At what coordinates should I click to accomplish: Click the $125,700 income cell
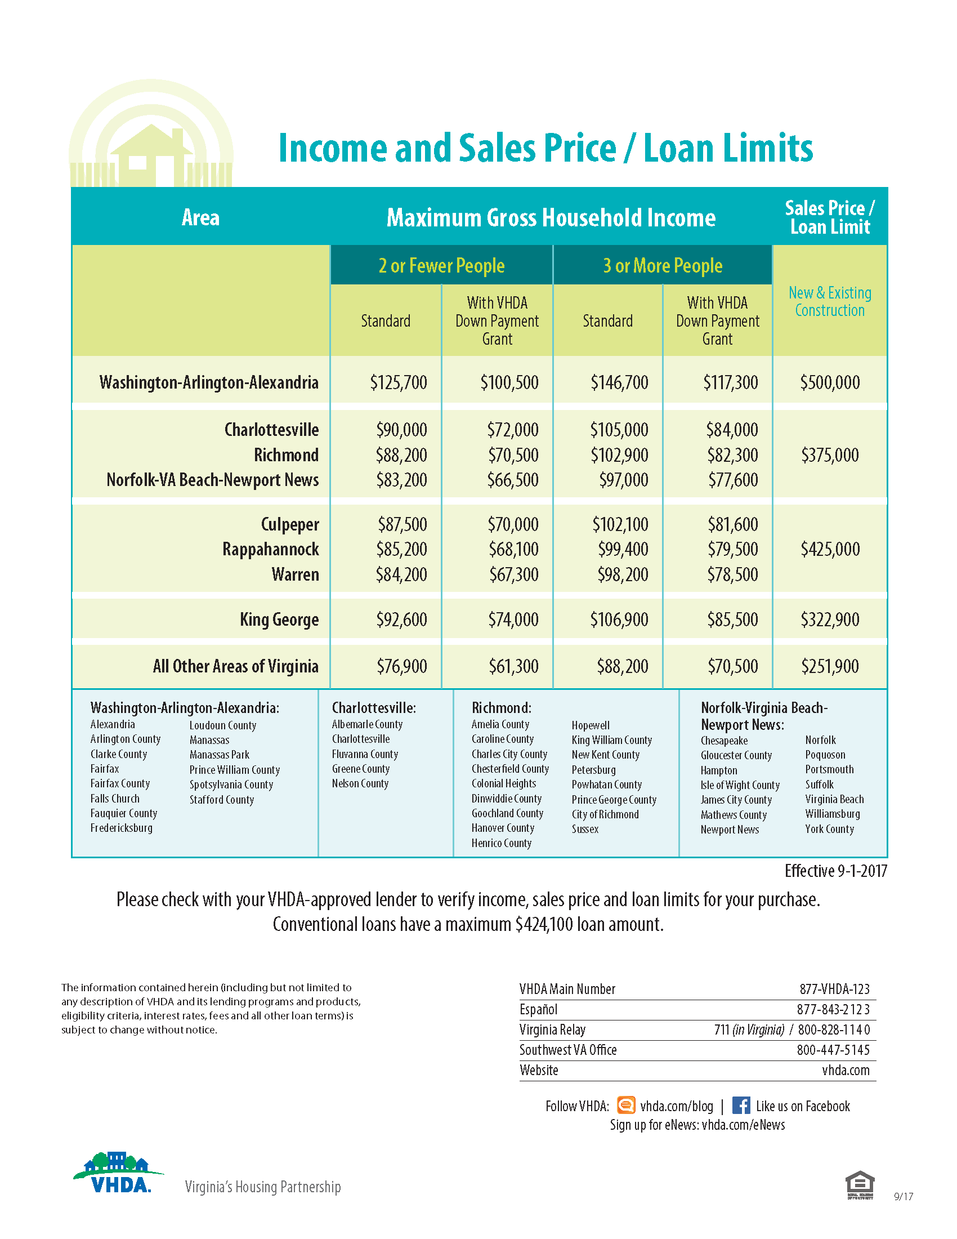[399, 382]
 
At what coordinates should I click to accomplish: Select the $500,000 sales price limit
[829, 382]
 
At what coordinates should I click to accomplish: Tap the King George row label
[279, 619]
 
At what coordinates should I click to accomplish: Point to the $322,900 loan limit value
[829, 619]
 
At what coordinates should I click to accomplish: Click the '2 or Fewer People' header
[441, 265]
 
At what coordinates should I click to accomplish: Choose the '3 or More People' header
[662, 265]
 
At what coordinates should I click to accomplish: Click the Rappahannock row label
[270, 549]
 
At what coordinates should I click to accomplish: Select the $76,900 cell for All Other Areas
[401, 666]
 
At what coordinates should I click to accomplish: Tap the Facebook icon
[741, 1106]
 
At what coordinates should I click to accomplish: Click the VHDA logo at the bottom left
[118, 1173]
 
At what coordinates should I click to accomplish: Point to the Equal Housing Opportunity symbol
[860, 1185]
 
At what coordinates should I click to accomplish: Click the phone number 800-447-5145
[833, 1050]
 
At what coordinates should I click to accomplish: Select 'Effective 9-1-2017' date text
[835, 871]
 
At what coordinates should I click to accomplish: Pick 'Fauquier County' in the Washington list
[124, 813]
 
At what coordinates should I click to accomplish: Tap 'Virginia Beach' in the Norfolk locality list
[834, 799]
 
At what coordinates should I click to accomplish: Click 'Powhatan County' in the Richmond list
[607, 785]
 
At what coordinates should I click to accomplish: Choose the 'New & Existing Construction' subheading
[829, 302]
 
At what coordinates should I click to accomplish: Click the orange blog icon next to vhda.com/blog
[626, 1105]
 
